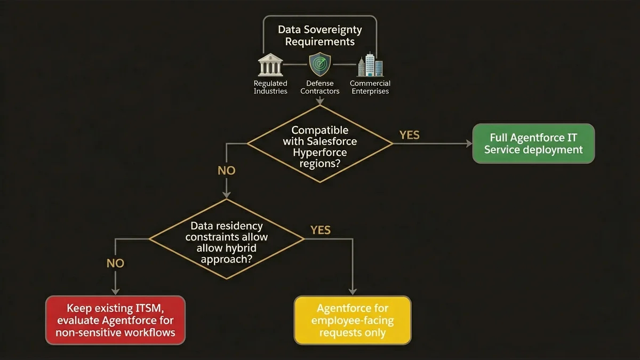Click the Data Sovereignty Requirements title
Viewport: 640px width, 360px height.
pos(319,35)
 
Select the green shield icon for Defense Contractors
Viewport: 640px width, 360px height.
pos(319,65)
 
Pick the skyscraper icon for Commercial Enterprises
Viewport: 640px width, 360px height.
pos(370,65)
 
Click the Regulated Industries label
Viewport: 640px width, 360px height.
pos(270,87)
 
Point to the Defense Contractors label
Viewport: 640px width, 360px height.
pos(319,87)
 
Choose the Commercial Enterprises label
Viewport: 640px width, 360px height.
pos(370,87)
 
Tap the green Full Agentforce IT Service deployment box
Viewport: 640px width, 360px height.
pos(533,143)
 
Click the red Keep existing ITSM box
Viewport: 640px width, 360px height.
pos(115,320)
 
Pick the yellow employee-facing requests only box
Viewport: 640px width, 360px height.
pos(353,320)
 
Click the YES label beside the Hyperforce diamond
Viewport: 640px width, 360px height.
pos(410,135)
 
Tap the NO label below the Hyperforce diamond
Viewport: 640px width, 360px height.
pos(226,171)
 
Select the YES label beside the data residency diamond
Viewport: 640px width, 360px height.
pos(320,230)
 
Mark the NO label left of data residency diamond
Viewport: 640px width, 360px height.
pos(115,263)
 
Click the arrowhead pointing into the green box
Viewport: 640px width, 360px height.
pos(469,143)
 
